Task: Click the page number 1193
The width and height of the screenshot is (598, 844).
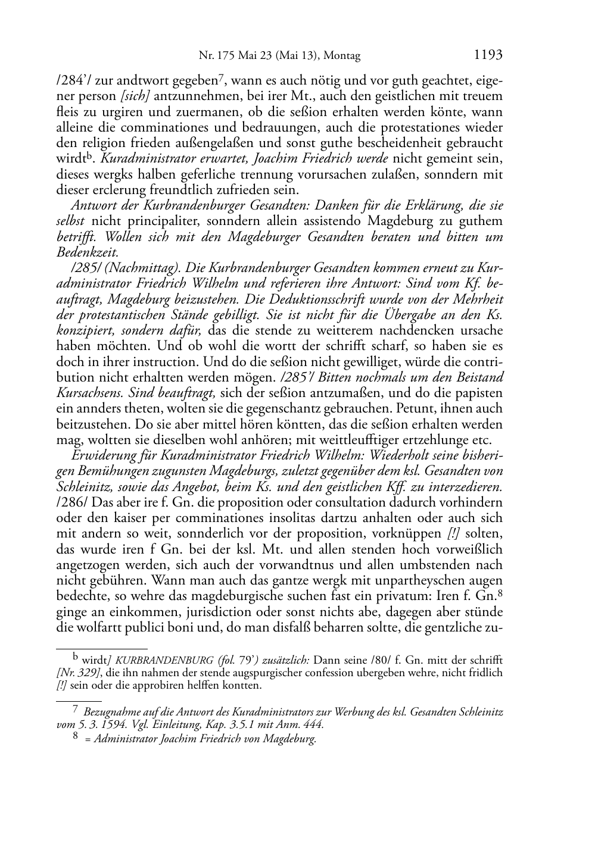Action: (x=488, y=55)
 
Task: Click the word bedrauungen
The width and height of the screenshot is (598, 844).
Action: (x=312, y=127)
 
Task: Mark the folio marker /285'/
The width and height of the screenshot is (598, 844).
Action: (x=298, y=377)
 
